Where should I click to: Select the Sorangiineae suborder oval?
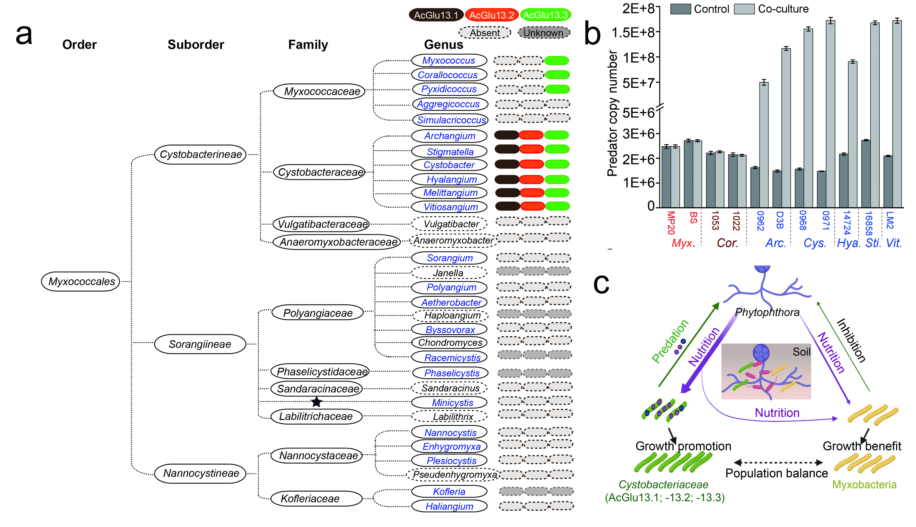click(200, 344)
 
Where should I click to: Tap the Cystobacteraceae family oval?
click(320, 172)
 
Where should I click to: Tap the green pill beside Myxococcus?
click(556, 60)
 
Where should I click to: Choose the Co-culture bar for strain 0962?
click(764, 145)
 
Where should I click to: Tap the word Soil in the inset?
click(801, 352)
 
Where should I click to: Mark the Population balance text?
click(776, 473)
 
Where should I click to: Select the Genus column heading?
click(443, 45)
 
